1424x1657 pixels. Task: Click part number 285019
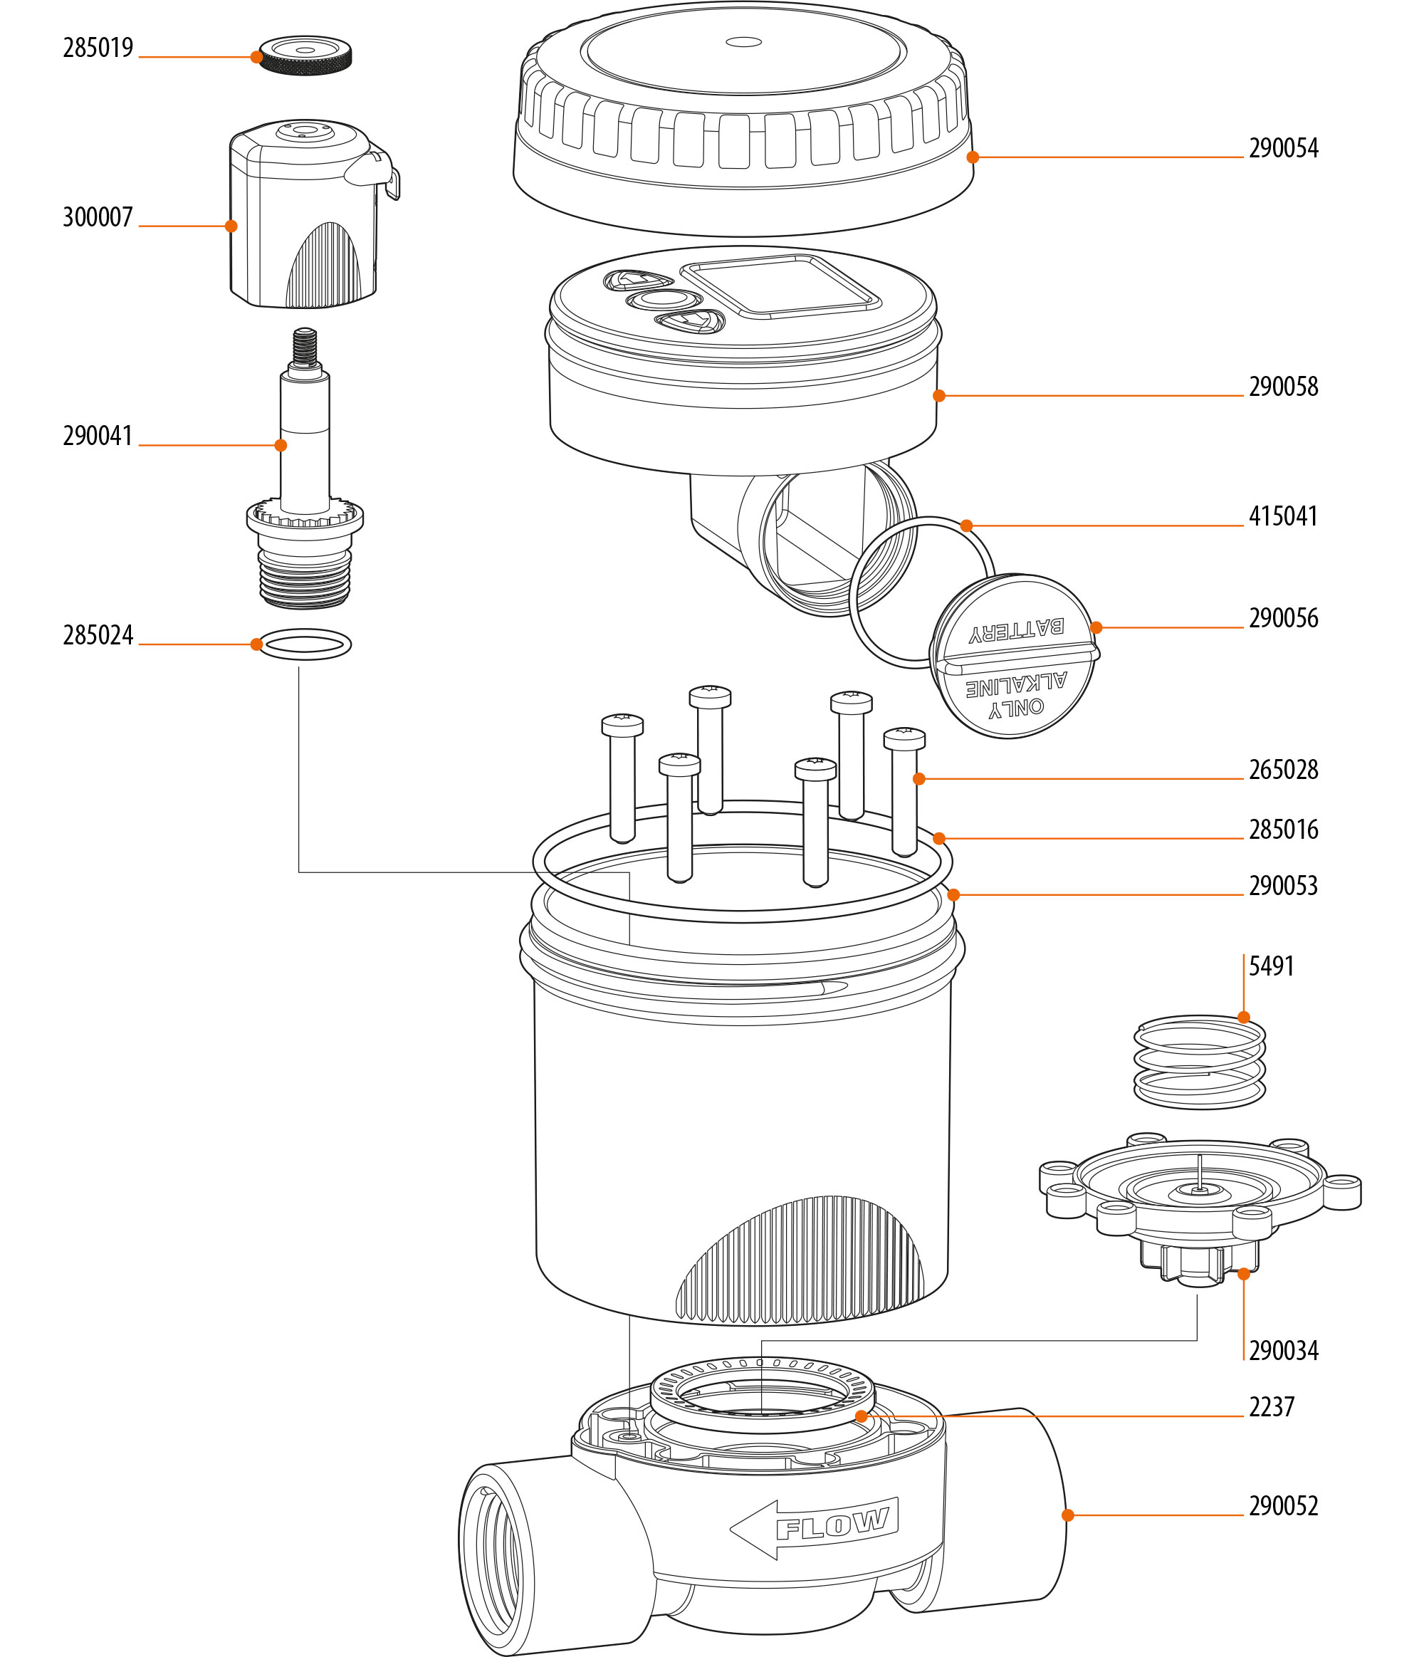click(x=98, y=48)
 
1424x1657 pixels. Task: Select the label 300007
click(x=98, y=216)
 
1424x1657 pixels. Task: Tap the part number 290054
click(x=1282, y=148)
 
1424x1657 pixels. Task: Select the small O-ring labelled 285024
click(x=305, y=644)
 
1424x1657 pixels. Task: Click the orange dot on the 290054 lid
click(x=973, y=157)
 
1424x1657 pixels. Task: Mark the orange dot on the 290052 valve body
click(x=1067, y=1515)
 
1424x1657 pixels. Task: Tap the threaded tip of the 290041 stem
click(x=305, y=345)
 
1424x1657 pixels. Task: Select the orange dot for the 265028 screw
click(x=918, y=778)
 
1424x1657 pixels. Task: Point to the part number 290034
click(x=1282, y=1351)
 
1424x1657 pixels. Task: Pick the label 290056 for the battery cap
click(x=1282, y=618)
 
